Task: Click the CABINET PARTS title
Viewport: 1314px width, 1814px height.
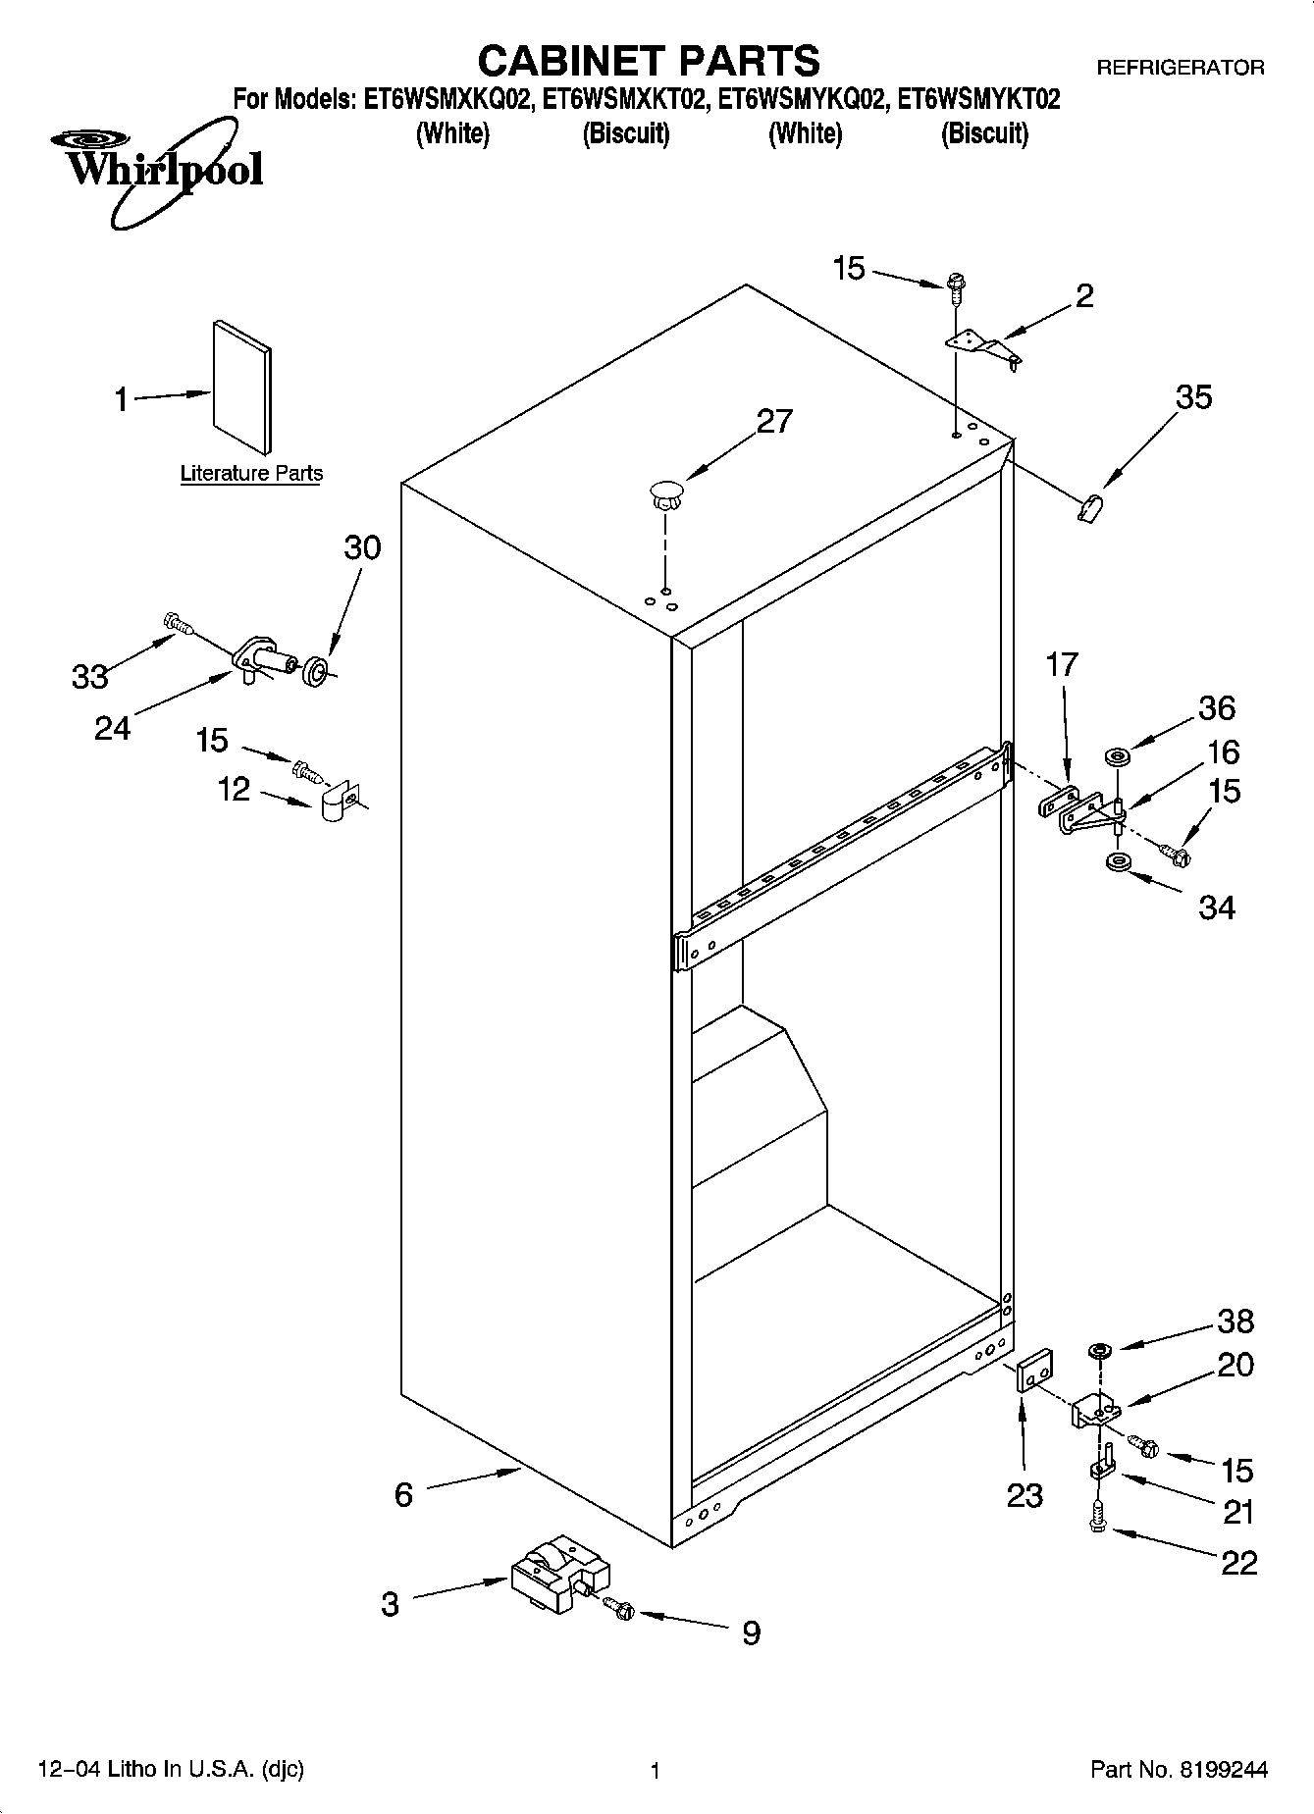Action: (648, 61)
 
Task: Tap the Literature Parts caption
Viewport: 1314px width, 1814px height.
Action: (251, 474)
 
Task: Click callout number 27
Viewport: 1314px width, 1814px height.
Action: (774, 421)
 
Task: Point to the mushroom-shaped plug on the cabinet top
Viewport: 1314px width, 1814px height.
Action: (666, 492)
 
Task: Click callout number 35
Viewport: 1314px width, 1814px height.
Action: (1193, 397)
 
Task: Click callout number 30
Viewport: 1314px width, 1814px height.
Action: (362, 547)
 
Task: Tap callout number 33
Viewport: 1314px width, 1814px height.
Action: (89, 676)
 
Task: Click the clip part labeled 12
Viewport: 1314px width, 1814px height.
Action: (340, 803)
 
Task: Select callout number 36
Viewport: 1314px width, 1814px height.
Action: (1217, 707)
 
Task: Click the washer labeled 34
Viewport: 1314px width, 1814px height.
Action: (1117, 863)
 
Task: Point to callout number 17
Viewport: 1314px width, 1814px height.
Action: (1062, 664)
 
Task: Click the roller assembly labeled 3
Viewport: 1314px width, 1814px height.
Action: (557, 1574)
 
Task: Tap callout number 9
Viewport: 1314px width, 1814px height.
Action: (751, 1633)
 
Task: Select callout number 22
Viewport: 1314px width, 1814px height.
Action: (1238, 1562)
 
